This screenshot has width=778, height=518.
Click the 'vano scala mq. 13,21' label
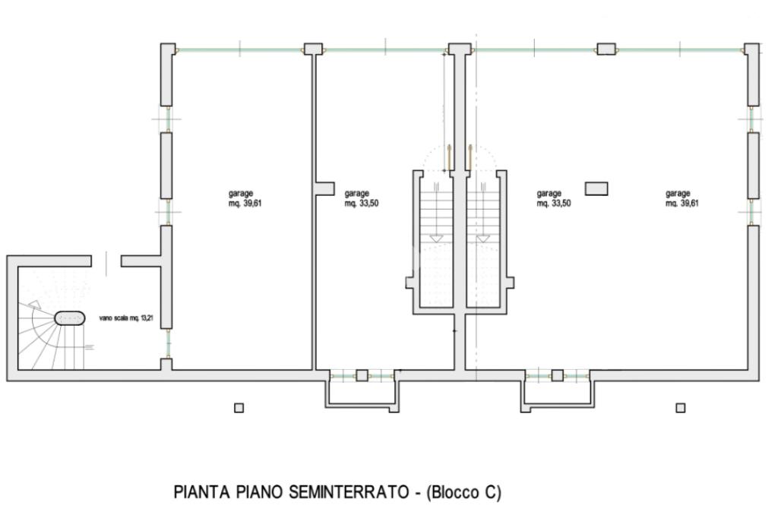pyautogui.click(x=126, y=318)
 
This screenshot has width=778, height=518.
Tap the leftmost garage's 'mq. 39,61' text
pyautogui.click(x=245, y=203)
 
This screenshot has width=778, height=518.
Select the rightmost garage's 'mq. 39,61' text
pyautogui.click(x=682, y=203)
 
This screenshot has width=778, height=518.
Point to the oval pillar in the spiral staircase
pyautogui.click(x=69, y=318)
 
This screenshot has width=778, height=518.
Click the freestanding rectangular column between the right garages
pyautogui.click(x=596, y=188)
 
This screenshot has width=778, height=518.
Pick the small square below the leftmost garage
pyautogui.click(x=239, y=408)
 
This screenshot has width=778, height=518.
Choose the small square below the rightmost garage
pyautogui.click(x=681, y=408)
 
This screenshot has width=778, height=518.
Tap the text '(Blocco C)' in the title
pyautogui.click(x=464, y=492)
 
